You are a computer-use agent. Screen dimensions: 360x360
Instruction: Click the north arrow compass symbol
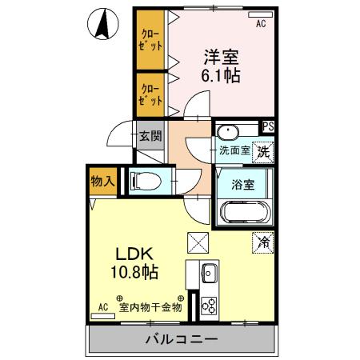(x=102, y=24)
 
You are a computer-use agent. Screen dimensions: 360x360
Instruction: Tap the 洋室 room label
(x=221, y=57)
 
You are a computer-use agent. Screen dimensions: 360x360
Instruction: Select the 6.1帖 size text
(x=221, y=75)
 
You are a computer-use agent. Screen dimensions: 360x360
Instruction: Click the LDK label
(x=134, y=254)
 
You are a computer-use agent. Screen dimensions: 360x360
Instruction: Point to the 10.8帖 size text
(x=134, y=271)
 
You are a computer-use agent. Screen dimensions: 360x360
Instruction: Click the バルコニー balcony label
(x=182, y=339)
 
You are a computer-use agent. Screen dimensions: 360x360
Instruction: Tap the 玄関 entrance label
(x=150, y=136)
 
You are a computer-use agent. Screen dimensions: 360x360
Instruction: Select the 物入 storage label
(x=102, y=182)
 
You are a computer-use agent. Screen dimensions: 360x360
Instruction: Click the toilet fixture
(x=146, y=182)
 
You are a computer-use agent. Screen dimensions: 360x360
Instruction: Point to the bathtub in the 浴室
(x=245, y=213)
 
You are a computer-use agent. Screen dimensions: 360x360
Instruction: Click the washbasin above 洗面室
(x=228, y=132)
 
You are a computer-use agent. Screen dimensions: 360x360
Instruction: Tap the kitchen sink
(x=210, y=273)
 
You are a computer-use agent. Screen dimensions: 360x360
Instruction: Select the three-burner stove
(x=209, y=306)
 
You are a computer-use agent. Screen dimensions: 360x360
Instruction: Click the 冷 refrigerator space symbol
(x=263, y=242)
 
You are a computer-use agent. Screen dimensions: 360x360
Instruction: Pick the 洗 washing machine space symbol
(x=263, y=152)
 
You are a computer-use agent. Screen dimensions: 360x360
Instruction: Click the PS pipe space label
(x=268, y=126)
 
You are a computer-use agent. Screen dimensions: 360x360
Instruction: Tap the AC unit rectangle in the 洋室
(x=260, y=14)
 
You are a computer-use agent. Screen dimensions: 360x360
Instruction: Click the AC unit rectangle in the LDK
(x=103, y=316)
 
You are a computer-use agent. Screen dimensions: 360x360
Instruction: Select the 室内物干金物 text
(x=150, y=307)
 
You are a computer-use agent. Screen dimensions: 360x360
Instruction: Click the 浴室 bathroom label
(x=242, y=185)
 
